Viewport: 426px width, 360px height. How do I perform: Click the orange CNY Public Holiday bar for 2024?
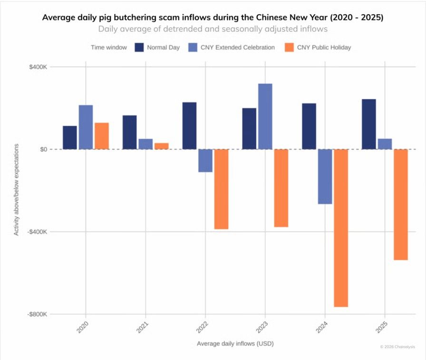pyautogui.click(x=341, y=228)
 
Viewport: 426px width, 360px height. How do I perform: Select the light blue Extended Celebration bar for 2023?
pyautogui.click(x=265, y=116)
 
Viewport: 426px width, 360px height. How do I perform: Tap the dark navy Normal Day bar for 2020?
pyautogui.click(x=70, y=137)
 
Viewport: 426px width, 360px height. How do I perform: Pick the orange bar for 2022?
pyautogui.click(x=221, y=189)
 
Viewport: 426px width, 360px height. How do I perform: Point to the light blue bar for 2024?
pyautogui.click(x=325, y=176)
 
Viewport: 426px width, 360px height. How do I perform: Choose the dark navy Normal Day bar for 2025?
pyautogui.click(x=369, y=124)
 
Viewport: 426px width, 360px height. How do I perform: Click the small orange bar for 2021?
pyautogui.click(x=162, y=146)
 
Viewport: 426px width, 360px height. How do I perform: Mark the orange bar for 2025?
pyautogui.click(x=401, y=204)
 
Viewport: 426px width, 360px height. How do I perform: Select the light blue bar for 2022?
pyautogui.click(x=205, y=161)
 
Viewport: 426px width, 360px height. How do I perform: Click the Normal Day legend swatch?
pyautogui.click(x=139, y=47)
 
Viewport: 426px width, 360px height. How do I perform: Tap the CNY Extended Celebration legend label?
pyautogui.click(x=238, y=47)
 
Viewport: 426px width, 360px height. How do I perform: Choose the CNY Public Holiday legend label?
pyautogui.click(x=324, y=47)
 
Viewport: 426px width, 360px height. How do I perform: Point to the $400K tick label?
pyautogui.click(x=38, y=66)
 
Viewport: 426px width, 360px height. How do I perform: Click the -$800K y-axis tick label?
pyautogui.click(x=37, y=314)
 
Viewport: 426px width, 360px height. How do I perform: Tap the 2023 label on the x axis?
pyautogui.click(x=262, y=328)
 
